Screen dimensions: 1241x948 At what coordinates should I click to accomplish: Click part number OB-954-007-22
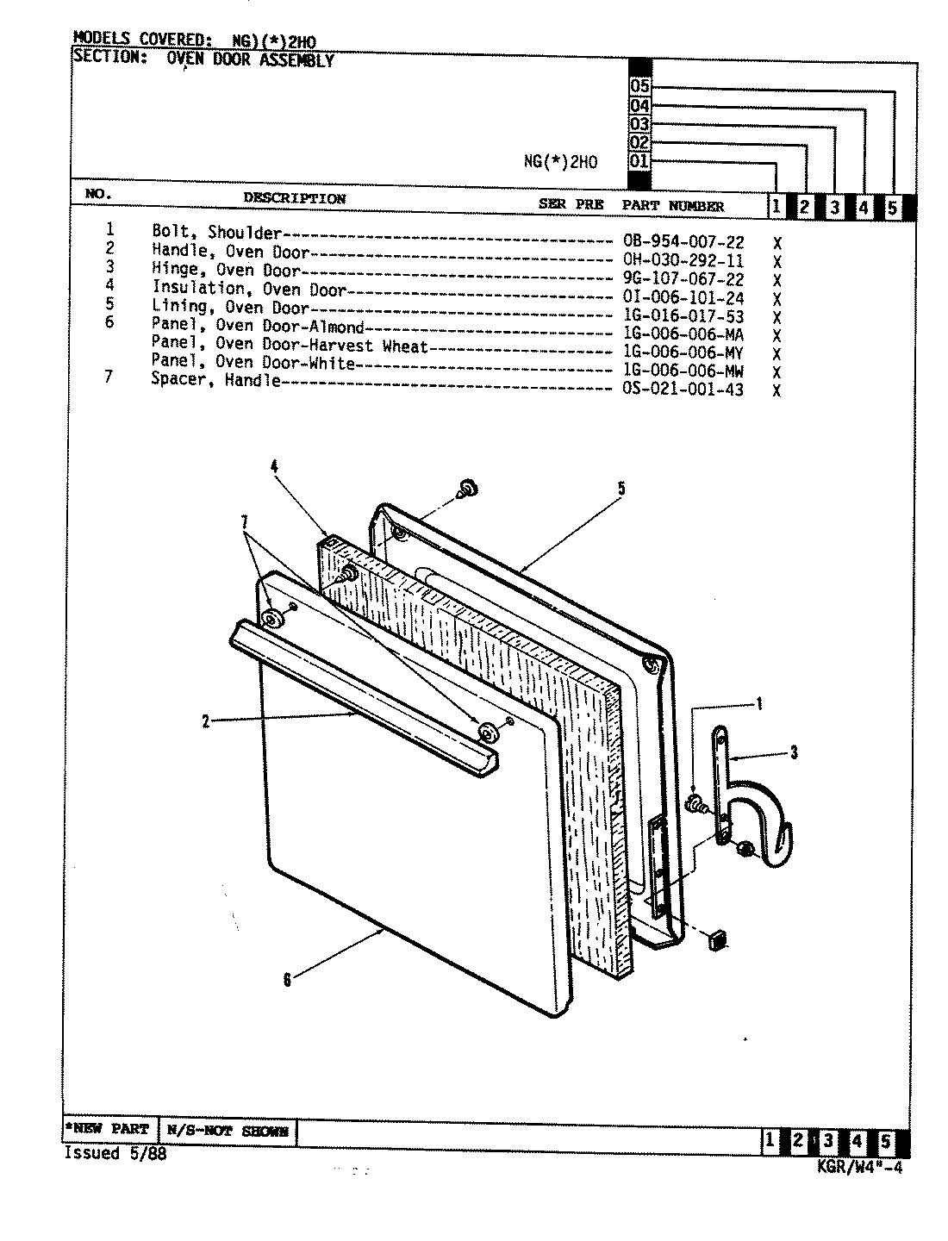point(683,243)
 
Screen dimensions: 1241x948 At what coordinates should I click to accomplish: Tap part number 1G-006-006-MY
point(683,353)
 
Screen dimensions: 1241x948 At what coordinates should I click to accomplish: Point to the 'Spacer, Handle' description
point(215,380)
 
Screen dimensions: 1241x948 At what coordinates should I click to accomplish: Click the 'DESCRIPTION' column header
point(294,198)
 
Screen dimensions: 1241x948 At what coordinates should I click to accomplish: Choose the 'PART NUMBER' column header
point(673,206)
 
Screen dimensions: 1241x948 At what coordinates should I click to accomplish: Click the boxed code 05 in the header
point(639,87)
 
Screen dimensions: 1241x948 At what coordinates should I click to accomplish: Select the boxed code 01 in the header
point(639,161)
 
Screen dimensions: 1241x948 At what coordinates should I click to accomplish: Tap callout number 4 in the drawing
point(274,467)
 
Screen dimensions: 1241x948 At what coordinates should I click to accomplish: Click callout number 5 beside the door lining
point(621,490)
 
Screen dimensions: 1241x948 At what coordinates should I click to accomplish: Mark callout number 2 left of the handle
point(206,722)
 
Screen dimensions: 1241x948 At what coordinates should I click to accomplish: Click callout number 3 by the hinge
point(793,753)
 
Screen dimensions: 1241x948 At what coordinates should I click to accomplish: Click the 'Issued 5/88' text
point(115,1154)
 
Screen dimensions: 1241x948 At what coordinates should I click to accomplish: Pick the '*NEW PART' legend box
point(108,1129)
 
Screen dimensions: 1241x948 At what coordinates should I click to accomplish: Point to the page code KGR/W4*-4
point(858,1169)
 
